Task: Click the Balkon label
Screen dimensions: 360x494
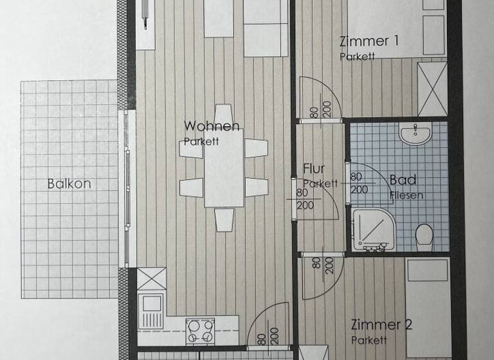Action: pyautogui.click(x=69, y=183)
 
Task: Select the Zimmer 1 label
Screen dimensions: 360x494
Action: pyautogui.click(x=369, y=42)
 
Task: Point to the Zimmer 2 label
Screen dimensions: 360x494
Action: pyautogui.click(x=381, y=325)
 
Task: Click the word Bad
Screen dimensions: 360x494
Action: pyautogui.click(x=403, y=180)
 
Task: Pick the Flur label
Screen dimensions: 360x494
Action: pyautogui.click(x=314, y=170)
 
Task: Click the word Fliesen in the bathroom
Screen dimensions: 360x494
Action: pyautogui.click(x=407, y=194)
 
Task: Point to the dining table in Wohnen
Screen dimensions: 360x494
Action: pyautogui.click(x=224, y=168)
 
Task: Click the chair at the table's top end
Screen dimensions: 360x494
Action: pyautogui.click(x=223, y=114)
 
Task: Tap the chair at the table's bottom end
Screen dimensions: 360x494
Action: pyautogui.click(x=224, y=219)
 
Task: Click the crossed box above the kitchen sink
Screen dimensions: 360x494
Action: pyautogui.click(x=152, y=280)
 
